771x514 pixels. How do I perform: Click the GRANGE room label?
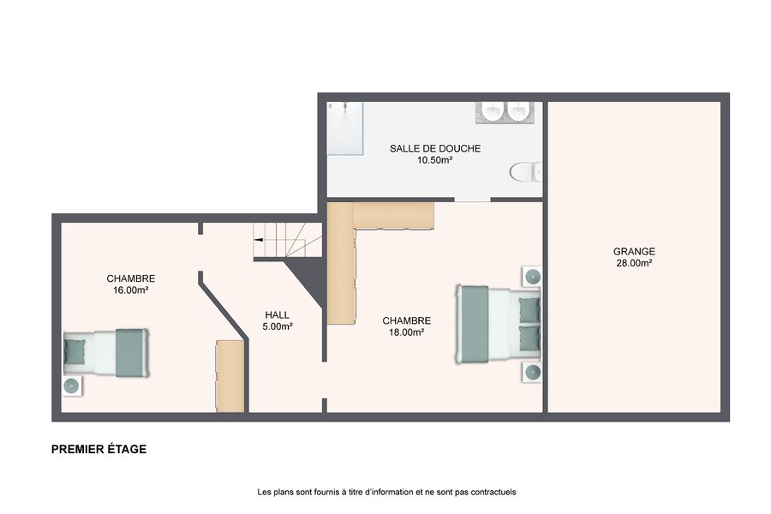634,251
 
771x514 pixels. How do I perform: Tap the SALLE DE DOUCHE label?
435,148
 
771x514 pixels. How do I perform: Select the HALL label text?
278,314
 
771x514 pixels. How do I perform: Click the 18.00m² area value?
407,332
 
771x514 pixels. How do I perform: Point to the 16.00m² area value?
131,290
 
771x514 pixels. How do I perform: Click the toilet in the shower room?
526,172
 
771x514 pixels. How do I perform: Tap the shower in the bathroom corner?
345,128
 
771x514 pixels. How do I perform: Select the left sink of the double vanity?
492,111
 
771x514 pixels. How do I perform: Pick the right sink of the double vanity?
517,111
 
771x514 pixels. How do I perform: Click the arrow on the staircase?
258,240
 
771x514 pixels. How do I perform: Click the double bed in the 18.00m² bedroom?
499,324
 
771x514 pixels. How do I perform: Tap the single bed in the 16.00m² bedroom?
105,353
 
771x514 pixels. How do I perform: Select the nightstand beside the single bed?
72,386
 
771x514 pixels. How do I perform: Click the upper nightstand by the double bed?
532,277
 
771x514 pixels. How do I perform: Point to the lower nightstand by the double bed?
532,373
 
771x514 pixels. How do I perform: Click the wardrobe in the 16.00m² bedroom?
230,376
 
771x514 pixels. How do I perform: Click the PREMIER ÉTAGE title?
99,449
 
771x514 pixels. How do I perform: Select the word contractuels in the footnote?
493,492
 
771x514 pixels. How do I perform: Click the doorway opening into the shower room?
472,200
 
